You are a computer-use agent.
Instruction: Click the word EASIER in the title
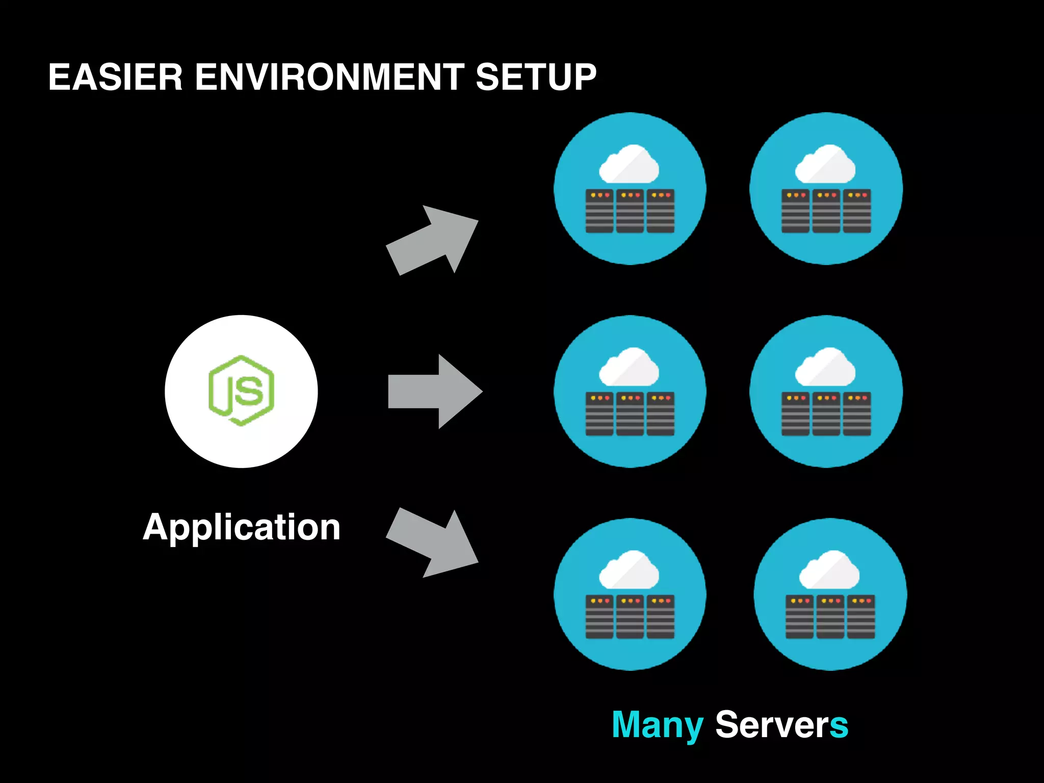115,77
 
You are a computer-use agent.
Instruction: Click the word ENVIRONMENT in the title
329,77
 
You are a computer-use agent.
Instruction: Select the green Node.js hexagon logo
242,391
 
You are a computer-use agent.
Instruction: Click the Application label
242,528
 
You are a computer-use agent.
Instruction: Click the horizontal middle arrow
435,391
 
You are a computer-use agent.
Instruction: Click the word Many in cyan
658,725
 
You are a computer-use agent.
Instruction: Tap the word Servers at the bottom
781,725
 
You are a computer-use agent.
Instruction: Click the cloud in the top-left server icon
629,164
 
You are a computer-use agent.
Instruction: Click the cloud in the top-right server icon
825,164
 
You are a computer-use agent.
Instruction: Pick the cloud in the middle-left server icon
629,367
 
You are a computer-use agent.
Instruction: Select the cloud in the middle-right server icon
825,367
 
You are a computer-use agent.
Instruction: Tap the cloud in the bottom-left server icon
629,570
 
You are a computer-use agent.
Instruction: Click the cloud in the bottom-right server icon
829,570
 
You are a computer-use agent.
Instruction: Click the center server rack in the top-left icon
630,211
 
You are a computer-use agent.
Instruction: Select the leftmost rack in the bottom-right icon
799,617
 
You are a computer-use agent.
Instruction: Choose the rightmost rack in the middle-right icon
857,414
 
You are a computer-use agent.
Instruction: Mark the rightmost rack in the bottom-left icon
661,617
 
